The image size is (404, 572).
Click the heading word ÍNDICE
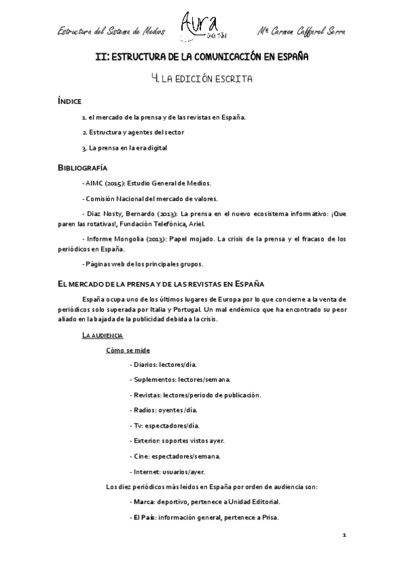click(x=71, y=101)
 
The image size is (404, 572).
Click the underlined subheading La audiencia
click(x=102, y=335)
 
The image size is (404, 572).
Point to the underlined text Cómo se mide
click(x=128, y=350)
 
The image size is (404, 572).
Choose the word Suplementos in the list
click(x=154, y=380)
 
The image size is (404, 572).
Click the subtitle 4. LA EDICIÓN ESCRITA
click(x=202, y=80)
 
